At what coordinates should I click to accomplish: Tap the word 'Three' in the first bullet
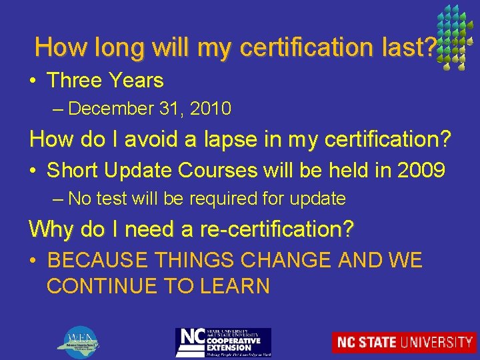71,81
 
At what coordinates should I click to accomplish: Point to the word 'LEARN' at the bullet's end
236,287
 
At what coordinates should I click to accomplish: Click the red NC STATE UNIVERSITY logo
404,342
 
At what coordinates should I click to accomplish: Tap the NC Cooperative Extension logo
223,342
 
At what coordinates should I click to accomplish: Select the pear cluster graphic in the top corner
455,37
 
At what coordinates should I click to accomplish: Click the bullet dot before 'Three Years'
33,81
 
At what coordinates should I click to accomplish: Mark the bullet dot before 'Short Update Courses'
33,171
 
